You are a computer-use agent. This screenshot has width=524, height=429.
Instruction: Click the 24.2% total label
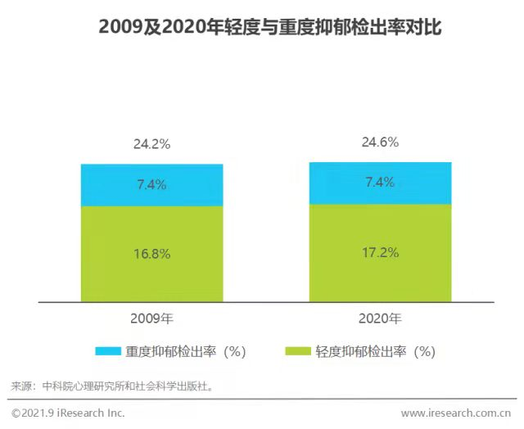coord(151,144)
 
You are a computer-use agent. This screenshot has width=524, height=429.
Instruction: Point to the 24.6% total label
coord(380,142)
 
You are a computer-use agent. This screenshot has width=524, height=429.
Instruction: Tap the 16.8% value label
coord(151,254)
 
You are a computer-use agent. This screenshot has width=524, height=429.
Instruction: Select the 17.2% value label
coord(380,252)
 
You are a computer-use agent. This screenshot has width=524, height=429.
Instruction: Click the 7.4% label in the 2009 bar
coord(151,185)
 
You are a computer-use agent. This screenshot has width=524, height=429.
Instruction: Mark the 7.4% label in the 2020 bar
coord(380,183)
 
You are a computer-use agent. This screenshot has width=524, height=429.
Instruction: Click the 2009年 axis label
coord(151,318)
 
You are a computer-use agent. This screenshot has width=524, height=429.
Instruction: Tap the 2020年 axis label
coord(380,318)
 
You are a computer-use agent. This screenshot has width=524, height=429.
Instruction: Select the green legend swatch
coord(296,351)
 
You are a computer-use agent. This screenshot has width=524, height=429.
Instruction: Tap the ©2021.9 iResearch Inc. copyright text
coord(68,413)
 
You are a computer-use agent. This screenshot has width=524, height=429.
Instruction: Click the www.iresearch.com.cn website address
coord(456,413)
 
